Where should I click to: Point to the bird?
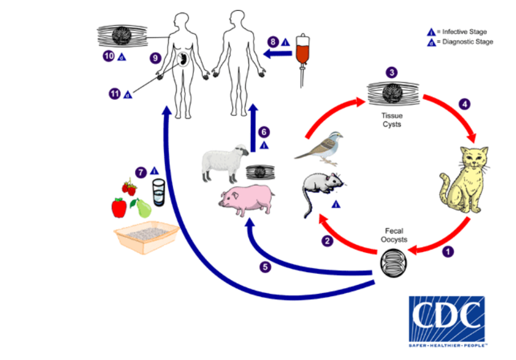[318, 148]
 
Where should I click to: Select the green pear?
[143, 208]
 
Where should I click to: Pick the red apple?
[119, 207]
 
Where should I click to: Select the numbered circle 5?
[265, 267]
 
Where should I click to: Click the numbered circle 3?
[391, 72]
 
